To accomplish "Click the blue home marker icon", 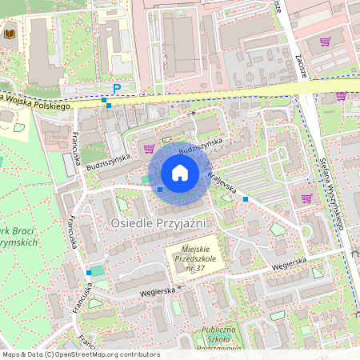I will (180, 173).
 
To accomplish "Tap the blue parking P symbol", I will (117, 89).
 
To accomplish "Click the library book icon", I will (10, 34).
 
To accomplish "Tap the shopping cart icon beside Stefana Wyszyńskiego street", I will (306, 198).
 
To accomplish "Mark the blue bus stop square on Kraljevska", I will (246, 198).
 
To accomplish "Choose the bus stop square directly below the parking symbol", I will (109, 106).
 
